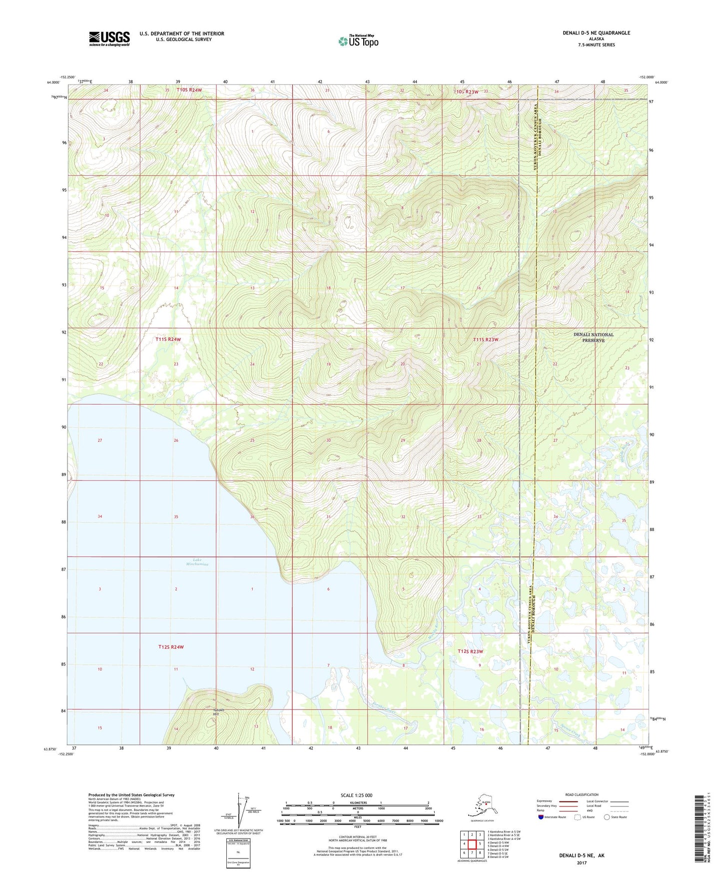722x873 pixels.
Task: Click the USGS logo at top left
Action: pos(109,38)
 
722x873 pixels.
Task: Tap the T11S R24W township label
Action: pos(168,339)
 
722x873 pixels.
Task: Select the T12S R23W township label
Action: pos(470,651)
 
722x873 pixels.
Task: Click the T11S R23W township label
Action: pos(486,340)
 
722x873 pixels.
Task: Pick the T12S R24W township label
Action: pos(171,647)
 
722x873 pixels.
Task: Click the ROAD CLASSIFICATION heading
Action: pos(582,794)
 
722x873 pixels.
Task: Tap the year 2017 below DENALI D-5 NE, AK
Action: pos(581,863)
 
